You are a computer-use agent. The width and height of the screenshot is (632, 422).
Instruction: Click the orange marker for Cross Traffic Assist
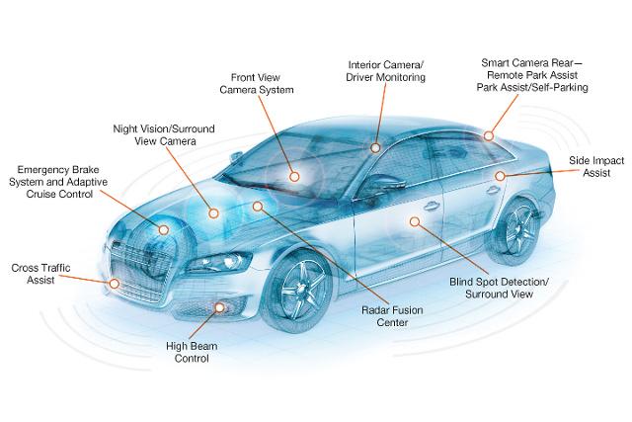tap(116, 283)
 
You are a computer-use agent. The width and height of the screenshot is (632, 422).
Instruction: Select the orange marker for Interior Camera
tap(375, 148)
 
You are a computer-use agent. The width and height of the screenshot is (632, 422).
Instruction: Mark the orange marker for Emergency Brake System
tap(163, 229)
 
